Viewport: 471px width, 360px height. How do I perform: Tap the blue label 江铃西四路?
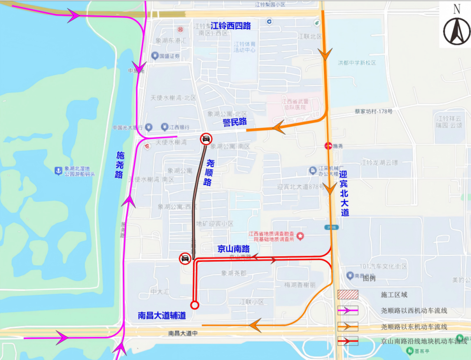click(231, 25)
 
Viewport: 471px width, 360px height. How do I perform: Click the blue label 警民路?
click(235, 122)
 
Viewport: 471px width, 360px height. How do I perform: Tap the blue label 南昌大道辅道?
click(162, 316)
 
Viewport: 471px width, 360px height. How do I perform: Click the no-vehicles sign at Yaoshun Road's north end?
click(206, 139)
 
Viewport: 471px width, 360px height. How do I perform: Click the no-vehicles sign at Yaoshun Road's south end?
click(185, 258)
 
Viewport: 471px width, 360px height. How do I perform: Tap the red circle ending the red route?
click(195, 305)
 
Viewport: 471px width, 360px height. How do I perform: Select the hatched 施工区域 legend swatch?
click(348, 295)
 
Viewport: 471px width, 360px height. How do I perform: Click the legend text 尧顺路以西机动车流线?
click(414, 311)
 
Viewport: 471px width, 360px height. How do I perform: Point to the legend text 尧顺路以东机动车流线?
click(414, 327)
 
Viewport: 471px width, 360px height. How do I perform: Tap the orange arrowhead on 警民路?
click(278, 126)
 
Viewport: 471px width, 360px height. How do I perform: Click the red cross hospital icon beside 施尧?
click(328, 146)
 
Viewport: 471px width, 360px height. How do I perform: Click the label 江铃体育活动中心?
click(245, 47)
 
